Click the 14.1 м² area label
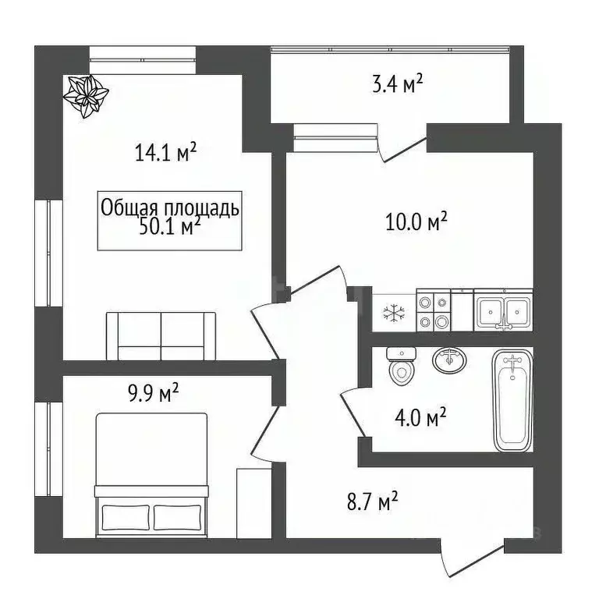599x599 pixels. [165, 152]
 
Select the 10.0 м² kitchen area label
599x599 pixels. [416, 223]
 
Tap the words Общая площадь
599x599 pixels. [169, 208]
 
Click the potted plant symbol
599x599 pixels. [85, 97]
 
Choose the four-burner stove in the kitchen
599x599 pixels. [434, 310]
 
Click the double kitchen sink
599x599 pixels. [503, 310]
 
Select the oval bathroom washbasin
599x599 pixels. [449, 360]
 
